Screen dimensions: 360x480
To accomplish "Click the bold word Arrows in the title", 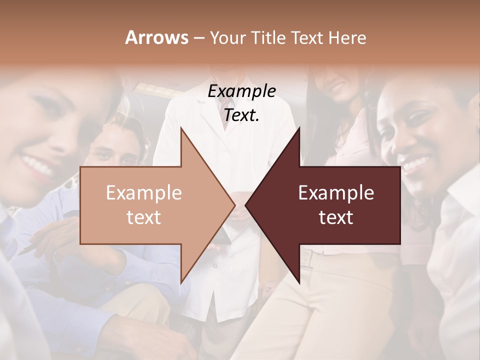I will (156, 37).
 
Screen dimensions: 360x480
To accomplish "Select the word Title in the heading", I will (270, 37).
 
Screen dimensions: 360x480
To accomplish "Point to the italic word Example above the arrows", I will (241, 91).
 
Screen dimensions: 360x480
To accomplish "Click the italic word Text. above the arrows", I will (241, 115).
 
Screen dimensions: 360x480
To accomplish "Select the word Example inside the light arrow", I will (144, 193).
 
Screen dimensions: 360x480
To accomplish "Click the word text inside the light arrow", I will (144, 217).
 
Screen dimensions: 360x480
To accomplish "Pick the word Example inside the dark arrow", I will (336, 193).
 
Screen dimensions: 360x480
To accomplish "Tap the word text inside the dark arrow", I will (336, 217).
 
